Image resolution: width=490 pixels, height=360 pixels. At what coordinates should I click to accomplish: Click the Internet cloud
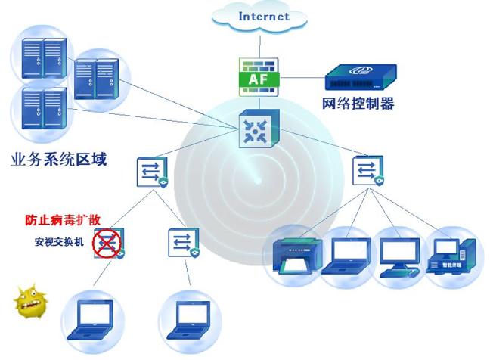click(x=259, y=17)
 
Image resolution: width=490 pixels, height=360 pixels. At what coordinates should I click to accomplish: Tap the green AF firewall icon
click(x=259, y=77)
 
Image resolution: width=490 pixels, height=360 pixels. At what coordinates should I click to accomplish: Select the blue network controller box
click(x=361, y=77)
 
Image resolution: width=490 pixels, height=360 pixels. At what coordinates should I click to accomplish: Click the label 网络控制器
click(x=358, y=104)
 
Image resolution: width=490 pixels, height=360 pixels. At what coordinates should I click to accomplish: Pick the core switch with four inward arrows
click(x=259, y=128)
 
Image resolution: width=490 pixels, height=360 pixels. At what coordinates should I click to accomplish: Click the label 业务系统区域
click(x=59, y=159)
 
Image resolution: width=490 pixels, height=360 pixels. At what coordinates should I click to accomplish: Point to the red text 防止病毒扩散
click(x=63, y=219)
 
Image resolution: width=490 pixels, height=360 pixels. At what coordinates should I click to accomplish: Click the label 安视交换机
click(x=59, y=241)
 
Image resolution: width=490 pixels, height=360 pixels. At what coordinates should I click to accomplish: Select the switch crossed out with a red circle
click(x=108, y=243)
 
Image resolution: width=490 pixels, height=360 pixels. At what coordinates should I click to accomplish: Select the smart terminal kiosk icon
click(x=451, y=256)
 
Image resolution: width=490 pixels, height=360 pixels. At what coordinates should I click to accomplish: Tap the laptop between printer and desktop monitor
click(x=347, y=256)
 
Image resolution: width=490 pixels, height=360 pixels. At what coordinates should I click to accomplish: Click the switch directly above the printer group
click(x=368, y=171)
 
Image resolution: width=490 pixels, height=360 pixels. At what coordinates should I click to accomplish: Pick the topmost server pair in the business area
click(x=44, y=57)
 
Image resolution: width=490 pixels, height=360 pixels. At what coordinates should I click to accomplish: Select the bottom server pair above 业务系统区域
click(x=44, y=108)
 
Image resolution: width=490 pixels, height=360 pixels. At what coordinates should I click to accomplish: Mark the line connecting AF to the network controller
click(x=302, y=77)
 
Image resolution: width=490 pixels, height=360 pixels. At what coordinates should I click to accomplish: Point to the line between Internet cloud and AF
click(x=260, y=46)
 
